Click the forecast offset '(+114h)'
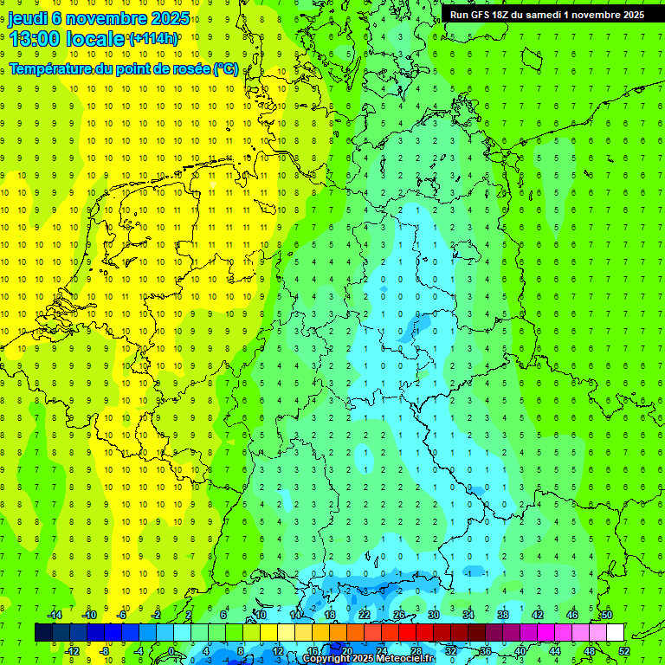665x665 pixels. pyautogui.click(x=153, y=39)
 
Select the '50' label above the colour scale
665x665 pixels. pyautogui.click(x=606, y=615)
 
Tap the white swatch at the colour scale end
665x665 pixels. pyautogui.click(x=615, y=632)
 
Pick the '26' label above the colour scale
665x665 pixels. pyautogui.click(x=398, y=615)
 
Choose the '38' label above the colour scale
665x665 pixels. pyautogui.click(x=502, y=615)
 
